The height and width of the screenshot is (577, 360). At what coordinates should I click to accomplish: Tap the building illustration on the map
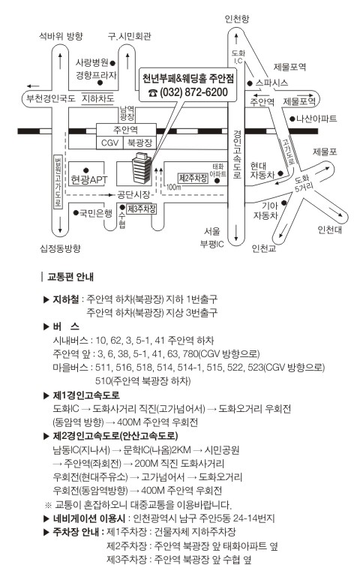click(142, 168)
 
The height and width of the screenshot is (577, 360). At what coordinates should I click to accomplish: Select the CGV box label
click(109, 143)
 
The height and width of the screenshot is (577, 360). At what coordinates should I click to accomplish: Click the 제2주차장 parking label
click(193, 179)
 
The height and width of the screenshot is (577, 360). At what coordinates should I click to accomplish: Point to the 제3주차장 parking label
click(142, 209)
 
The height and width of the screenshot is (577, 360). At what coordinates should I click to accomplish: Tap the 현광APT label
click(89, 179)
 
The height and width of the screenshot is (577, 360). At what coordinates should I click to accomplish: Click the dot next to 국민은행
click(76, 212)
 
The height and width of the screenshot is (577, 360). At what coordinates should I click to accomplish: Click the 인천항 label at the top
click(237, 19)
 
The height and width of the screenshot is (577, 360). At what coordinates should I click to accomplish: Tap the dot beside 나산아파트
click(292, 119)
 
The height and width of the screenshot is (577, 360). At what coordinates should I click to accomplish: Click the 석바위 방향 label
click(61, 36)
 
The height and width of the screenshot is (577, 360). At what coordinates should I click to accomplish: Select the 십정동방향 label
click(60, 248)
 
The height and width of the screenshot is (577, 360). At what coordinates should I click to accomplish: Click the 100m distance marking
click(173, 188)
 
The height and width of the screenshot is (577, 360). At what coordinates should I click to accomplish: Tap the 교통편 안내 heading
click(70, 277)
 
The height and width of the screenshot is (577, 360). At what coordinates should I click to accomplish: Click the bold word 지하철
click(66, 299)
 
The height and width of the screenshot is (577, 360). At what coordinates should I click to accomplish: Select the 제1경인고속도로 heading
click(86, 395)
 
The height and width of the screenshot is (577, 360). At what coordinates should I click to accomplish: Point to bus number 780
click(190, 354)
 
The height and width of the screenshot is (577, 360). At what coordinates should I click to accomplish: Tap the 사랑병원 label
click(92, 62)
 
